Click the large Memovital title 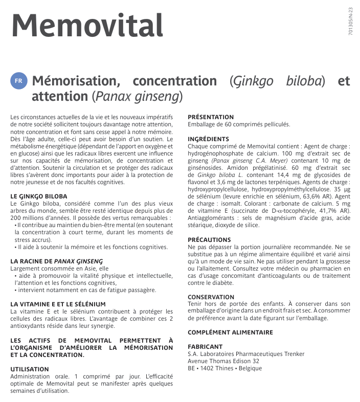click(87, 25)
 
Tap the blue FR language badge click(18, 81)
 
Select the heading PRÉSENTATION click(211, 117)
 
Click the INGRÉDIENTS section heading click(208, 139)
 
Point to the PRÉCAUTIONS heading click(209, 239)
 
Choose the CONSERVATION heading click(211, 297)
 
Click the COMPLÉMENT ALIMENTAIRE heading click(230, 332)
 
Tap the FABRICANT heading click(205, 347)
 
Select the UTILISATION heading click(30, 369)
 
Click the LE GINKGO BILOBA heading click(38, 196)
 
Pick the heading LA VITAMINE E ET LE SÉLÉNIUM click(58, 304)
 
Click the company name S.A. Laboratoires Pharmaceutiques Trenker click(245, 354)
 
